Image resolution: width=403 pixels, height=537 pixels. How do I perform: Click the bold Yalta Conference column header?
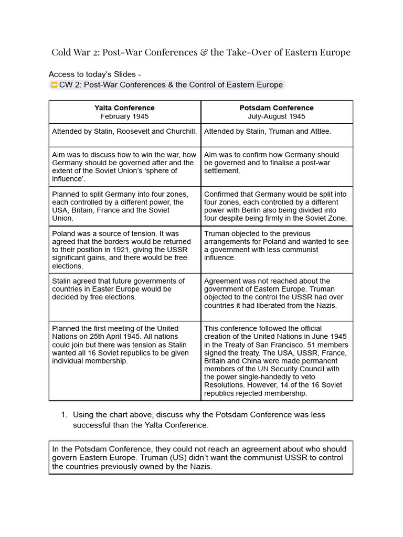[124, 108]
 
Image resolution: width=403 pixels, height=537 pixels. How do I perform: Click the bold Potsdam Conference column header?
[277, 108]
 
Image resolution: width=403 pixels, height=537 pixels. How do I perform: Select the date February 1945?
[124, 116]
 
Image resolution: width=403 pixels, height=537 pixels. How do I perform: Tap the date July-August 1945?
[277, 116]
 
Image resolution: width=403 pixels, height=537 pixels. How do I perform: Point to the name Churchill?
[181, 132]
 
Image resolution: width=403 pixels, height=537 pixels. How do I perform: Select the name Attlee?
[319, 132]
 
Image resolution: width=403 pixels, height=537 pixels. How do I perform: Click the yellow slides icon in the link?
[54, 85]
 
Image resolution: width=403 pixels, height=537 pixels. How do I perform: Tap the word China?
[239, 361]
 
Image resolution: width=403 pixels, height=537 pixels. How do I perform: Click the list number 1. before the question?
[64, 415]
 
